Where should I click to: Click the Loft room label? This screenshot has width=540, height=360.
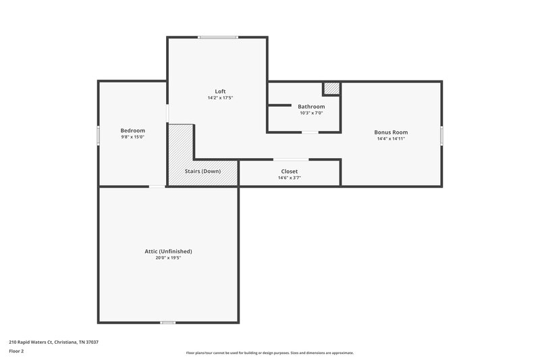(x=220, y=91)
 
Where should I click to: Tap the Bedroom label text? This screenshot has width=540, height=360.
(x=132, y=130)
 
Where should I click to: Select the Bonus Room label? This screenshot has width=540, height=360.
(x=391, y=132)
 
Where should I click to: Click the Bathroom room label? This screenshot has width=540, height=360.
(x=311, y=107)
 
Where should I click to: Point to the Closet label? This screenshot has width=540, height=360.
(x=289, y=172)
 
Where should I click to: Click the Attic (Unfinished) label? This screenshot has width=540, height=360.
(x=168, y=251)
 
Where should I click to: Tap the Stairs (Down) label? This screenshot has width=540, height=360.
(x=202, y=172)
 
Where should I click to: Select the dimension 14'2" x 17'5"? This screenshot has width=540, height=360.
(x=220, y=98)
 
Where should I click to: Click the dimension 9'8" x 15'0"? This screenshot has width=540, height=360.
(x=132, y=137)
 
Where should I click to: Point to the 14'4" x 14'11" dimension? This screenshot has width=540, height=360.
(x=391, y=138)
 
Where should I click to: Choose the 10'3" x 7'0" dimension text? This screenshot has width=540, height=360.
(x=311, y=113)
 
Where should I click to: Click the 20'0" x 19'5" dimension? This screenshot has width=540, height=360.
(x=168, y=258)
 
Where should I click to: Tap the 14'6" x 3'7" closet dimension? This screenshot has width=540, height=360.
(x=289, y=178)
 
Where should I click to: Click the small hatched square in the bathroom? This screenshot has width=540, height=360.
(x=331, y=88)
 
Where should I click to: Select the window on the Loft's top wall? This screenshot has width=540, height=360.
(x=217, y=37)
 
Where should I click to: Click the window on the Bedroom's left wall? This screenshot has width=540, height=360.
(x=99, y=135)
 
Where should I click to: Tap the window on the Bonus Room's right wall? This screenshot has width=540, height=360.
(x=442, y=135)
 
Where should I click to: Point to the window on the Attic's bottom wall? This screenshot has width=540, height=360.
(x=168, y=323)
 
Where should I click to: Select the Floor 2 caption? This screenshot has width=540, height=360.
(x=16, y=351)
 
